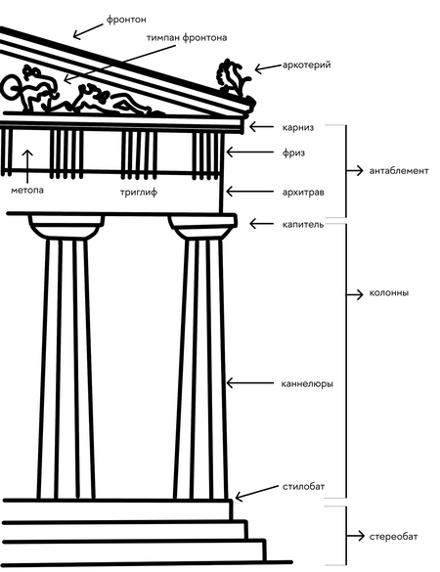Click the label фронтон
(x=126, y=20)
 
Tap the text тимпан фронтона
(x=187, y=38)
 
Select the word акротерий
(x=306, y=66)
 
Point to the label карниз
(x=297, y=128)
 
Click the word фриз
(x=293, y=153)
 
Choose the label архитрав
(x=303, y=193)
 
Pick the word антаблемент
(x=399, y=171)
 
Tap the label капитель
(x=303, y=224)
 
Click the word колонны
(x=389, y=293)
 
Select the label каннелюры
(x=307, y=383)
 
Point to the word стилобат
(x=303, y=486)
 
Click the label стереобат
(x=393, y=537)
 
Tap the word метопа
(x=27, y=190)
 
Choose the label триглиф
(x=139, y=193)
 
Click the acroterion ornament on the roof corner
(x=234, y=80)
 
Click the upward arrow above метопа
(x=27, y=166)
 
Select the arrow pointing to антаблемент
(x=355, y=170)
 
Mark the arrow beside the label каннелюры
(x=249, y=383)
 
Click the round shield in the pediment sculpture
(x=11, y=87)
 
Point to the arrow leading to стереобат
(x=355, y=536)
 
